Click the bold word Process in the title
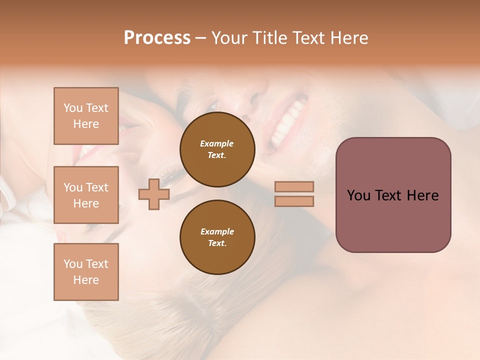click(157, 38)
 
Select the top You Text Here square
click(86, 116)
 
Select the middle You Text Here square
click(86, 195)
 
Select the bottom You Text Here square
click(86, 271)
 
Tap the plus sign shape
click(153, 194)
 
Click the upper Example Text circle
click(217, 149)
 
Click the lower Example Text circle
click(217, 237)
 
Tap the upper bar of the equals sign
click(294, 186)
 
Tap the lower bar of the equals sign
click(294, 201)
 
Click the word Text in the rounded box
click(388, 195)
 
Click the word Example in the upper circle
click(216, 143)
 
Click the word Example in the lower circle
click(217, 231)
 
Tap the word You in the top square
click(73, 108)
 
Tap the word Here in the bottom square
click(86, 280)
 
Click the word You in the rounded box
click(358, 195)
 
